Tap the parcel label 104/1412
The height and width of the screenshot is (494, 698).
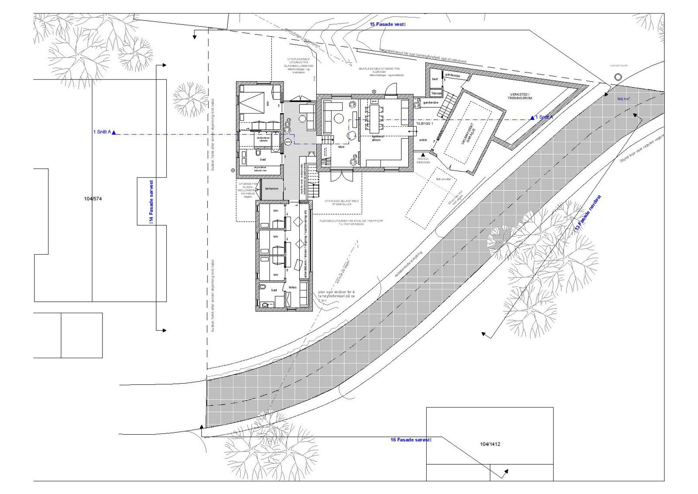pyautogui.click(x=490, y=445)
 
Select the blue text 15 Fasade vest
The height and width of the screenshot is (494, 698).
pyautogui.click(x=387, y=24)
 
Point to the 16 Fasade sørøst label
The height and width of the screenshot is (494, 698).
pyautogui.click(x=410, y=440)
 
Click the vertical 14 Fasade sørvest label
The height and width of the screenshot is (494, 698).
pyautogui.click(x=151, y=201)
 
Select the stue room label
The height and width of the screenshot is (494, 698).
pyautogui.click(x=341, y=147)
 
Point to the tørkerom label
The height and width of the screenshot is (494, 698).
pyautogui.click(x=271, y=189)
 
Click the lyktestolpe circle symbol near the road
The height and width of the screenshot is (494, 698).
pyautogui.click(x=618, y=77)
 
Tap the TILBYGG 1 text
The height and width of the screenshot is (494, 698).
pyautogui.click(x=424, y=124)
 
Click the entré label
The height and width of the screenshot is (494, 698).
pyautogui.click(x=423, y=140)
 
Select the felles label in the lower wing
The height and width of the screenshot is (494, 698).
pyautogui.click(x=293, y=287)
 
